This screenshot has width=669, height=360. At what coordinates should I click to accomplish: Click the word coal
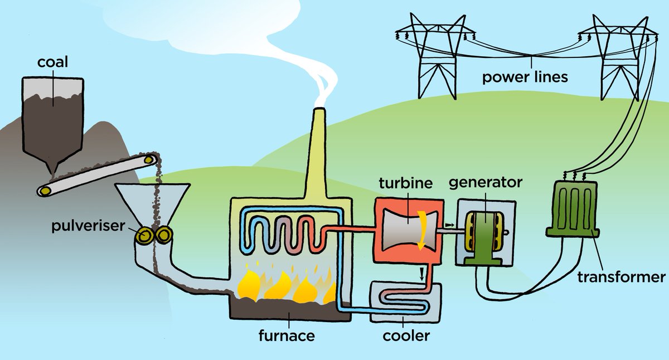[x=52, y=62]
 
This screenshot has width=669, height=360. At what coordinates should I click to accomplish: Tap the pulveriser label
[x=88, y=226]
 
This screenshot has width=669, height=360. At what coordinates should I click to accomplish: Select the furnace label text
[x=287, y=335]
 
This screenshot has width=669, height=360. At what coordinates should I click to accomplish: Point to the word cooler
[x=406, y=335]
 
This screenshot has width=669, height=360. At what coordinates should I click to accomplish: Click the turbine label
[x=406, y=183]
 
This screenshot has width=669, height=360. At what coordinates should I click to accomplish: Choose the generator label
[x=486, y=182]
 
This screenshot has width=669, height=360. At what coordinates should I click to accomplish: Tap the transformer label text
[x=621, y=278]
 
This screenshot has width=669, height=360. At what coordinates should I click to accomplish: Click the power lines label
[x=525, y=77]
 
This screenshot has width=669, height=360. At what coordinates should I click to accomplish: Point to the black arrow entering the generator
[x=449, y=225]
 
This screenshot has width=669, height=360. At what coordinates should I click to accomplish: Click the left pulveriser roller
[x=144, y=236]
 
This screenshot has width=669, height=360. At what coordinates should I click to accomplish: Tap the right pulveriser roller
[x=163, y=235]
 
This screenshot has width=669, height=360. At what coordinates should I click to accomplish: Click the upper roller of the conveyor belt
[x=148, y=160]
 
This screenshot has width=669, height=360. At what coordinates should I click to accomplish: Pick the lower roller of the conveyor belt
[x=45, y=191]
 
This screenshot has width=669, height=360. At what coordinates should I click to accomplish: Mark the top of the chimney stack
[x=319, y=109]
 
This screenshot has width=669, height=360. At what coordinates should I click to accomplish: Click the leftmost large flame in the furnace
[x=249, y=285]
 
